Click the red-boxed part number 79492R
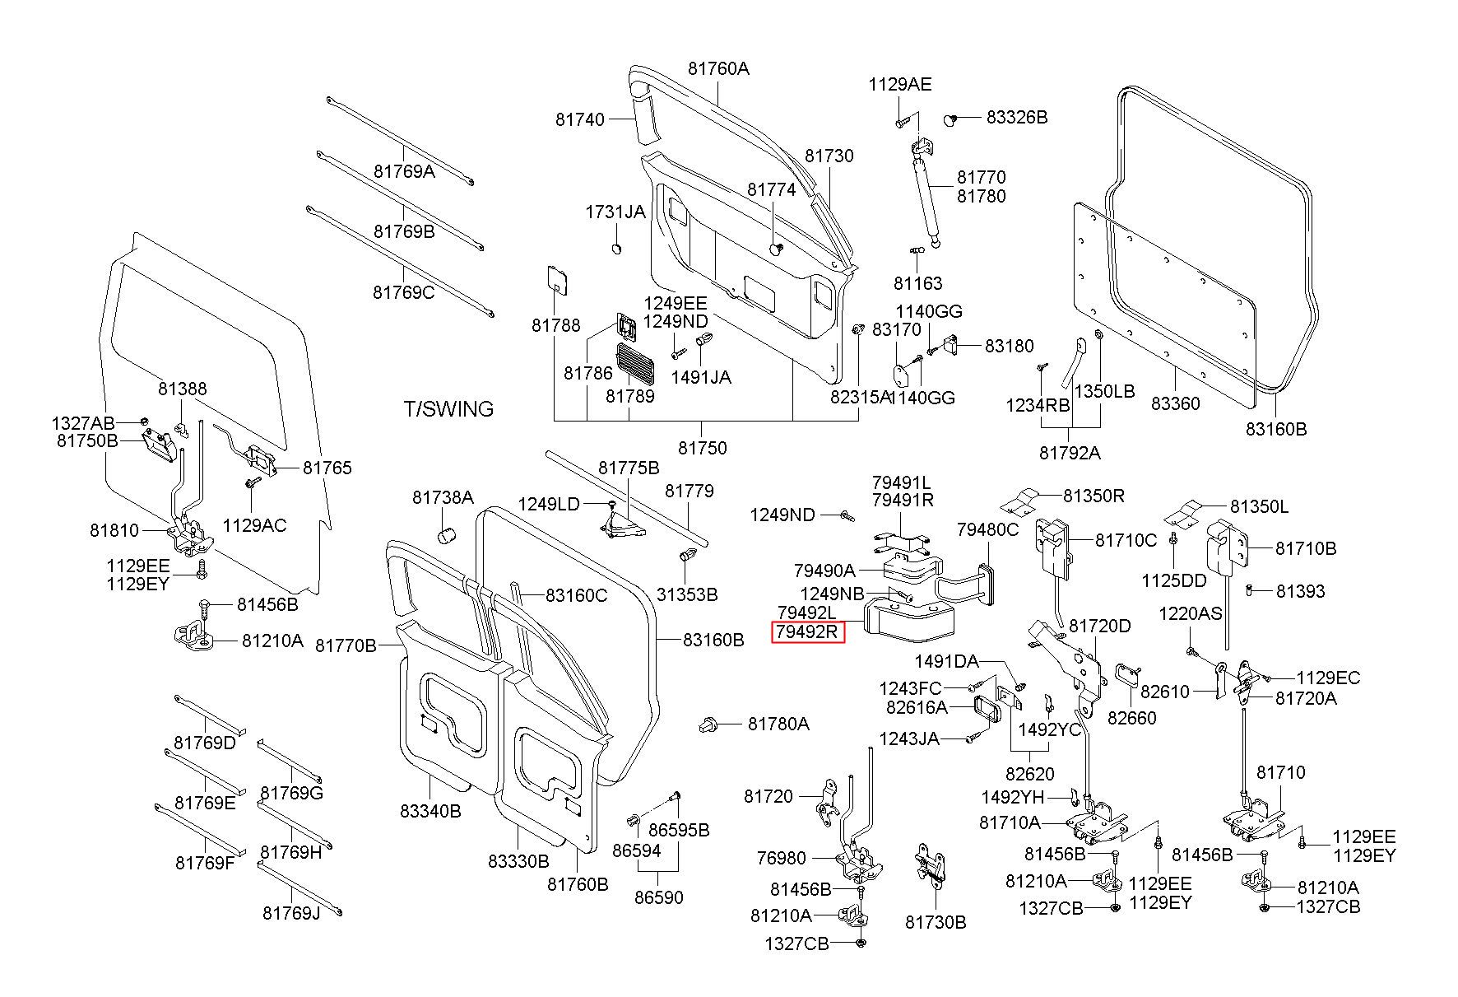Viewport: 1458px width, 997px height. [x=808, y=633]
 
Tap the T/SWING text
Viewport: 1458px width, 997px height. [x=448, y=409]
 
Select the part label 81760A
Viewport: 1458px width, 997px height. [x=719, y=69]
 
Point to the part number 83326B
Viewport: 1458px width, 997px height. [x=1017, y=117]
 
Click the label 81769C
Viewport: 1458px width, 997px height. [x=403, y=292]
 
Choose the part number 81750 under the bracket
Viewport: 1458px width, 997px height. [x=703, y=449]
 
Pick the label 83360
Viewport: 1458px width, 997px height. [x=1175, y=404]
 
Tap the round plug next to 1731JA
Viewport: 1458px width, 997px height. [x=617, y=249]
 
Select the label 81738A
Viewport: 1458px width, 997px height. [x=443, y=497]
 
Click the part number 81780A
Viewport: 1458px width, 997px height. [x=778, y=724]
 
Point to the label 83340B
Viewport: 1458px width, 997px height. [x=430, y=811]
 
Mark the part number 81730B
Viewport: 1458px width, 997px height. [x=936, y=922]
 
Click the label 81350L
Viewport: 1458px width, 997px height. [x=1260, y=507]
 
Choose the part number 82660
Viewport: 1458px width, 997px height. [x=1131, y=718]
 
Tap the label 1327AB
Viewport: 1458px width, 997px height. [x=83, y=423]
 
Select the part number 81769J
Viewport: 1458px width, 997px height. [x=291, y=913]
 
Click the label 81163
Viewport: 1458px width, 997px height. [x=917, y=284]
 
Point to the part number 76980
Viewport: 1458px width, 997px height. [x=781, y=859]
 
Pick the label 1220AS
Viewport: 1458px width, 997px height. [x=1191, y=613]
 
